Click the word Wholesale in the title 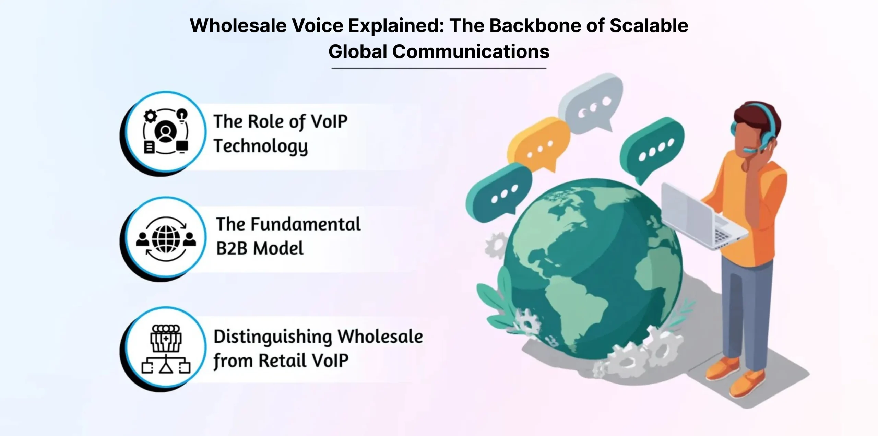pyautogui.click(x=238, y=26)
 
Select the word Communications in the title pyautogui.click(x=471, y=52)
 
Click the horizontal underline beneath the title pyautogui.click(x=439, y=68)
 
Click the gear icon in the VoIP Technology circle pyautogui.click(x=150, y=116)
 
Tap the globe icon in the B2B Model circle pyautogui.click(x=166, y=239)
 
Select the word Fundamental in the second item pyautogui.click(x=306, y=224)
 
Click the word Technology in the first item pyautogui.click(x=261, y=146)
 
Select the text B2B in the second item pyautogui.click(x=232, y=248)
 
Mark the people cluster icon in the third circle pyautogui.click(x=166, y=338)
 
